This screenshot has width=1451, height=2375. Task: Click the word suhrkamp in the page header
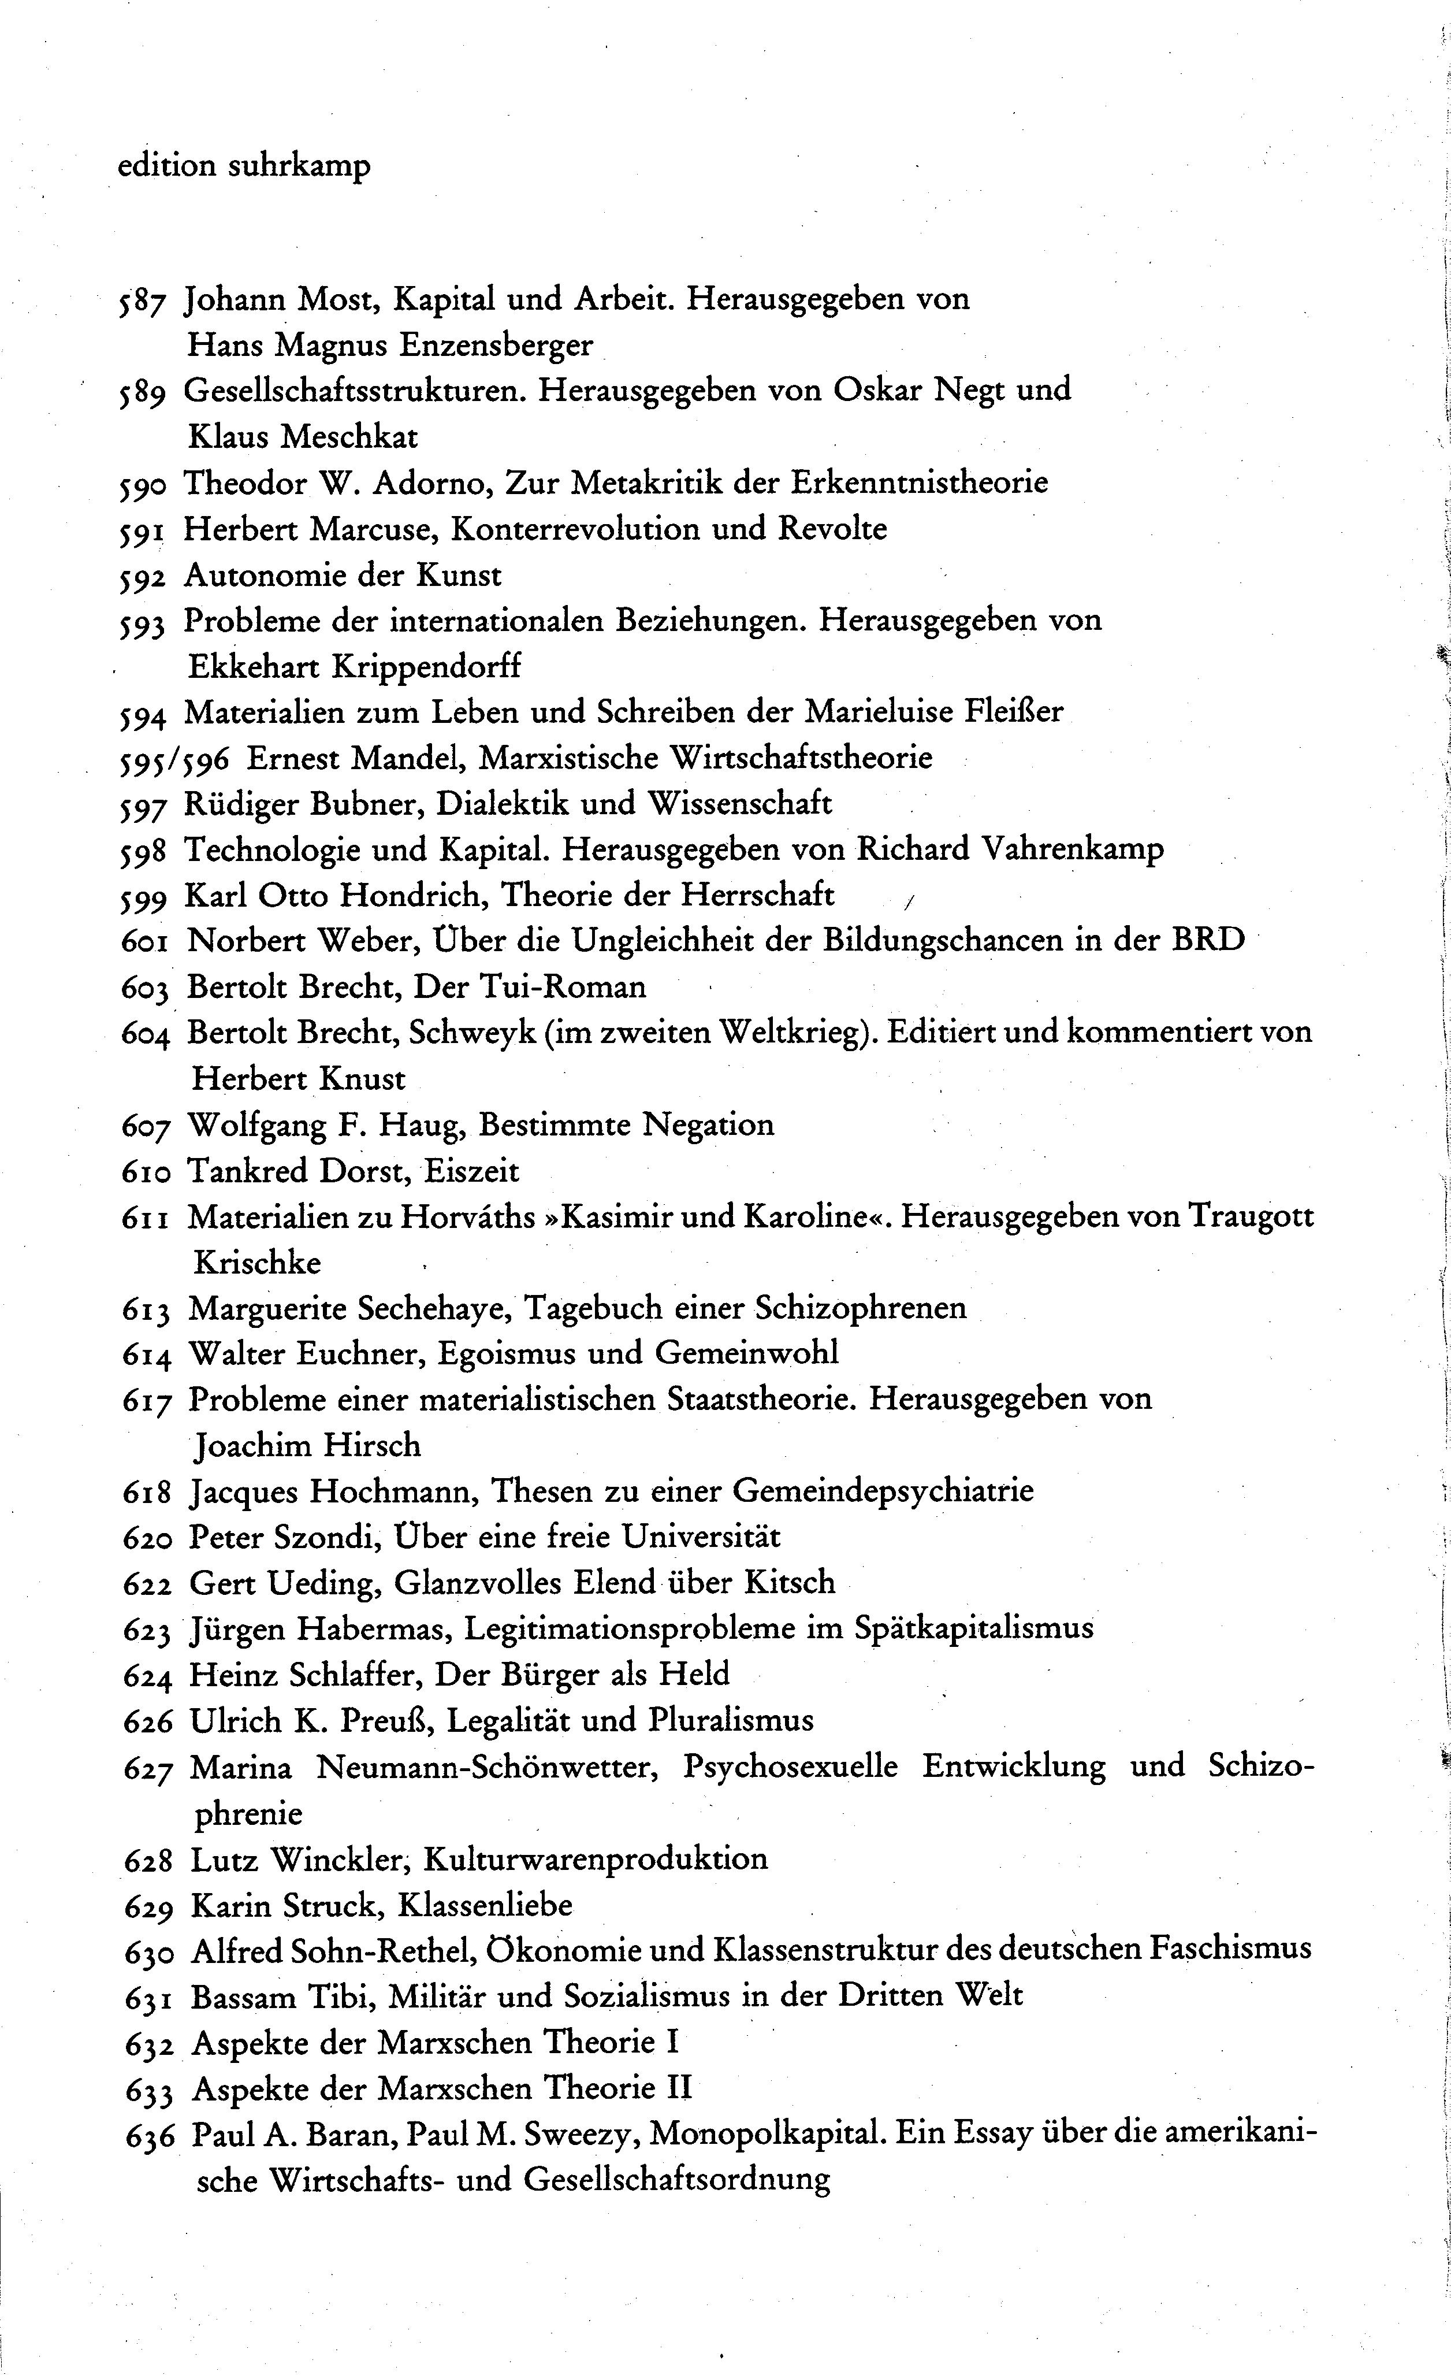coord(299,167)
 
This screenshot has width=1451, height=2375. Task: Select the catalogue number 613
coord(147,1310)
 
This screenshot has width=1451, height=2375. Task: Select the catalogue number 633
coord(150,2090)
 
